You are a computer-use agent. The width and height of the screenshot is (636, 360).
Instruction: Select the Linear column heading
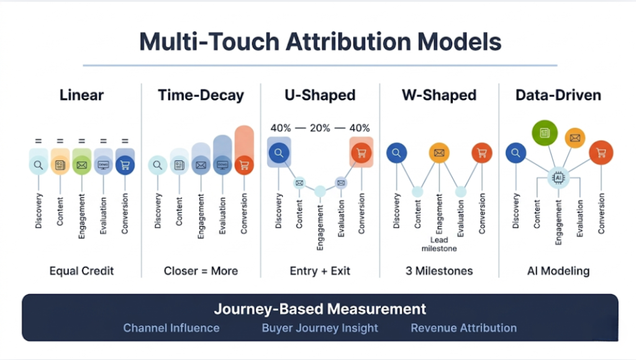pos(81,95)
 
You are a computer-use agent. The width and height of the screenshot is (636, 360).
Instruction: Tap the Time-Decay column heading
pos(201,95)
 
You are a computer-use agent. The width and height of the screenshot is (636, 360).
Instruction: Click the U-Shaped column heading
pos(320,95)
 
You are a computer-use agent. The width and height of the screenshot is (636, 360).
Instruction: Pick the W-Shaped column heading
pos(440,95)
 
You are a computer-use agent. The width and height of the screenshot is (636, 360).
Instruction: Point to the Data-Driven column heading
pos(558,95)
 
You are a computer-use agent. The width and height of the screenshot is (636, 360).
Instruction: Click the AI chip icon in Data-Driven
pos(558,177)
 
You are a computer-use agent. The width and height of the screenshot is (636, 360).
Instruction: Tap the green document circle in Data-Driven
pos(545,133)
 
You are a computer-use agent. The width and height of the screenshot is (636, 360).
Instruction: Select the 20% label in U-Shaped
pos(320,128)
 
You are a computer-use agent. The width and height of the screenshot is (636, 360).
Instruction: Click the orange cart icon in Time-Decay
pos(244,165)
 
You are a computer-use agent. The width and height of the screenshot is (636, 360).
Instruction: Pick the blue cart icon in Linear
pos(125,165)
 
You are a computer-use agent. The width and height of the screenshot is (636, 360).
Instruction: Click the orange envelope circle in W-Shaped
pos(439,153)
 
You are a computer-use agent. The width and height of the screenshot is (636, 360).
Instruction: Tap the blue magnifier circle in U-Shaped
pos(279,153)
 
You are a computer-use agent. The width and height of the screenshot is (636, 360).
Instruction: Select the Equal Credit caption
pos(81,271)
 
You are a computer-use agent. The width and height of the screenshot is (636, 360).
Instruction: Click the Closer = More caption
pos(201,271)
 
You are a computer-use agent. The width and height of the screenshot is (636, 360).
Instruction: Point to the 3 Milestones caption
pos(440,271)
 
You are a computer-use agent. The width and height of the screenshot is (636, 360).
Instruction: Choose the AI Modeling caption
pos(558,271)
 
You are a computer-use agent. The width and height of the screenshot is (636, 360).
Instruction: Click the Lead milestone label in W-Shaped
pos(439,244)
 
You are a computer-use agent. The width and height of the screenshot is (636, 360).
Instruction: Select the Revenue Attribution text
pos(463,328)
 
